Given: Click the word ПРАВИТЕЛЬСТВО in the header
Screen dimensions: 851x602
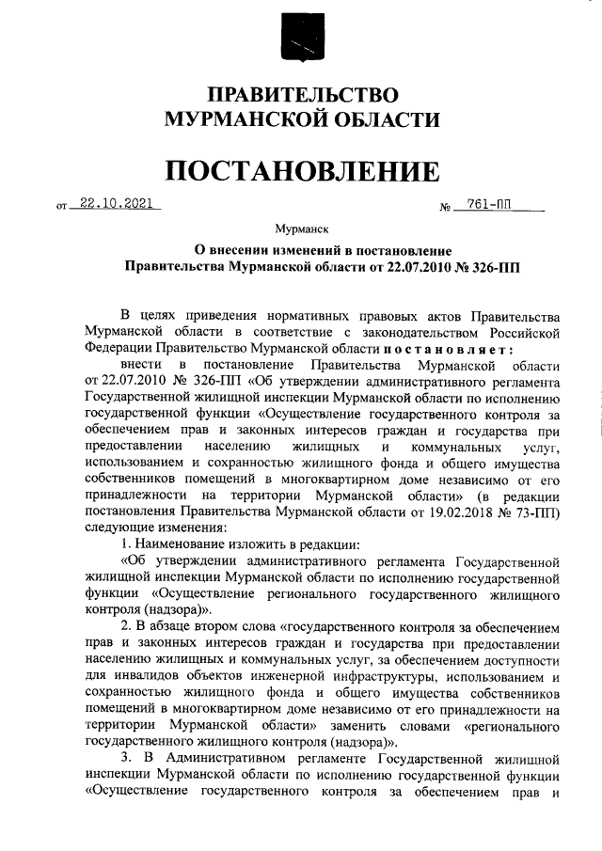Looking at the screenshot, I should point(301,96).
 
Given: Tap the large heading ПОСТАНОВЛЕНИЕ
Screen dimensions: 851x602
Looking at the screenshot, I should point(301,171).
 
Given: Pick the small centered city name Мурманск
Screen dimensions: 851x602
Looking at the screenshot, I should point(300,229).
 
